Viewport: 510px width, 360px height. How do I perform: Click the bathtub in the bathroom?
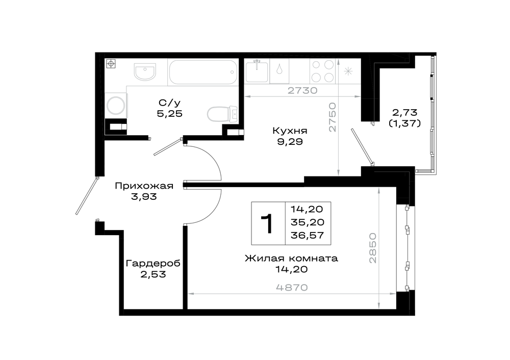203,72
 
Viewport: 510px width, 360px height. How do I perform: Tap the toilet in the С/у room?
222,114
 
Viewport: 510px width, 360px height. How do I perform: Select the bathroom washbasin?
145,71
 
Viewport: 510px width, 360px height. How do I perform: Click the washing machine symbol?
116,105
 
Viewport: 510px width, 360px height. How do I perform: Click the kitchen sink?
257,71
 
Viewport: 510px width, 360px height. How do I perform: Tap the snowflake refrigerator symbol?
348,71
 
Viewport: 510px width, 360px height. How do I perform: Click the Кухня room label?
290,131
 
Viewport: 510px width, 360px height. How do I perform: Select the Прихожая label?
144,186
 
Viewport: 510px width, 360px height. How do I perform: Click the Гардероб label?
153,263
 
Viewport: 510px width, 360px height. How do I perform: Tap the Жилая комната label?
291,259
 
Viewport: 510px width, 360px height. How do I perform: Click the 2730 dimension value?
302,90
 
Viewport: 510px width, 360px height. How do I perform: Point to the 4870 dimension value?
292,288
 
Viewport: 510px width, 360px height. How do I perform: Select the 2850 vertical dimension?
372,248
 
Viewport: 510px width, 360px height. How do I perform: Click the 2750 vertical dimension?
332,117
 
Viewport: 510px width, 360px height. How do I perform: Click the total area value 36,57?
308,235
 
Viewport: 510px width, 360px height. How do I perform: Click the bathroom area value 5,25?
169,114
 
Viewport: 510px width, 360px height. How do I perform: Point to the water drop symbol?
279,69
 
